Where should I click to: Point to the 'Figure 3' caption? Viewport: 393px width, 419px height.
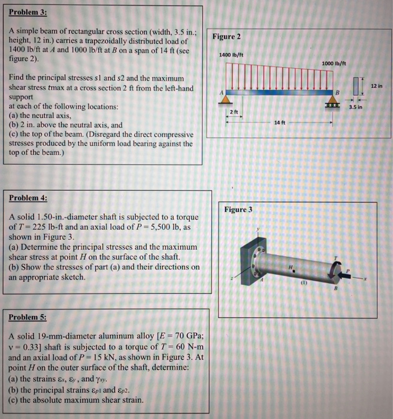tap(238, 209)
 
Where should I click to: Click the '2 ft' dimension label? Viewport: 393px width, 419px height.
tap(234, 112)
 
